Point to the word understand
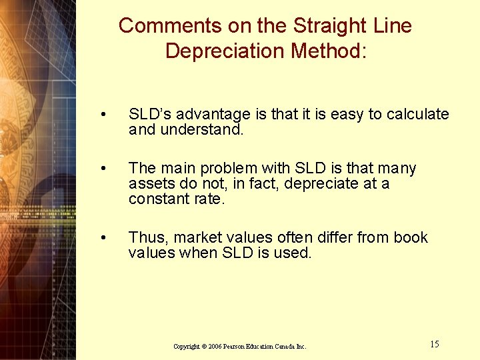click(202, 130)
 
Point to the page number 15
click(435, 345)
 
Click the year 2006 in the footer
click(214, 347)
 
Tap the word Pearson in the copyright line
click(237, 347)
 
